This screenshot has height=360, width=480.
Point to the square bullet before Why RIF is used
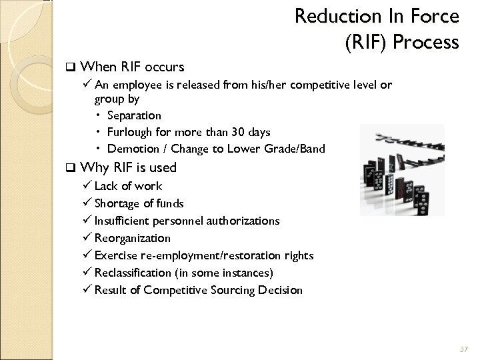(70, 168)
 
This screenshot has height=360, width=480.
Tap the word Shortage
(117, 203)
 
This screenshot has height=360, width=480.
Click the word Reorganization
(133, 238)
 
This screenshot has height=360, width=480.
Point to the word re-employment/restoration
(205, 255)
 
